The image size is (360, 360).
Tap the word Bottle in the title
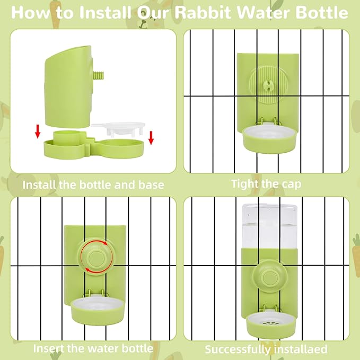click(322, 13)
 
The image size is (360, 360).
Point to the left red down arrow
click(38, 131)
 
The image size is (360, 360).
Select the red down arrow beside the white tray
click(151, 138)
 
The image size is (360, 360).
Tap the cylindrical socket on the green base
click(67, 136)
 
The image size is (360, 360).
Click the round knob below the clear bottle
click(269, 277)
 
